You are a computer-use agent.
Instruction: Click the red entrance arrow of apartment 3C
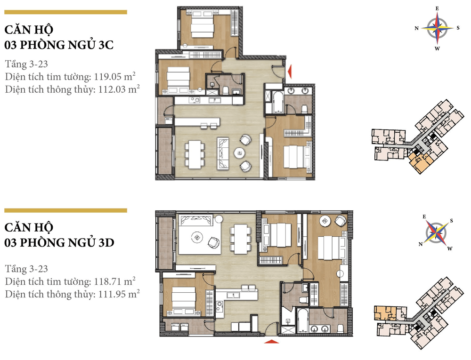click(290, 72)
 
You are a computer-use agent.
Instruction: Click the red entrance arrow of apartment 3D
click(271, 341)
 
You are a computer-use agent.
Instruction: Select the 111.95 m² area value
click(119, 294)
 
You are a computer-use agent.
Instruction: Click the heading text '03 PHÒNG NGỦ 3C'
click(59, 45)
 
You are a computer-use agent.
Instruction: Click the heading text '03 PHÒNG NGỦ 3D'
click(59, 243)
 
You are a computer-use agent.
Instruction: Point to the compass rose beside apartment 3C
click(437, 28)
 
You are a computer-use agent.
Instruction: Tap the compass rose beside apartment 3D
click(436, 233)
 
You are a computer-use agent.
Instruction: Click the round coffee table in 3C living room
click(240, 153)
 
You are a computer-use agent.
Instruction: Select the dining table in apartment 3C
click(195, 154)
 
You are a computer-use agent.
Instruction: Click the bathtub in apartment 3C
click(278, 103)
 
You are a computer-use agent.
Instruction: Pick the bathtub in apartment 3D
click(302, 320)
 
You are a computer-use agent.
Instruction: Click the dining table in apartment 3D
click(241, 239)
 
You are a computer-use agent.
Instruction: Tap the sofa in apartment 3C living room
click(223, 153)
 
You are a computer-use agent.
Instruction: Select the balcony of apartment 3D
click(164, 243)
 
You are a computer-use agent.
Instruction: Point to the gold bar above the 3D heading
click(65, 210)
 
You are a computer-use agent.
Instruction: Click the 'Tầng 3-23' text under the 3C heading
click(26, 64)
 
